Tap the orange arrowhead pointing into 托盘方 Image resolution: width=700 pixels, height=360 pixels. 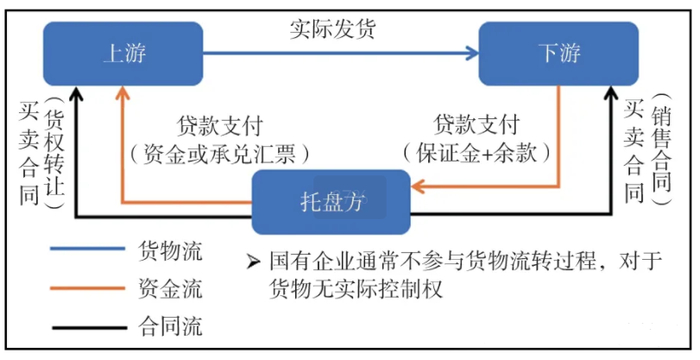pos(420,185)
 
